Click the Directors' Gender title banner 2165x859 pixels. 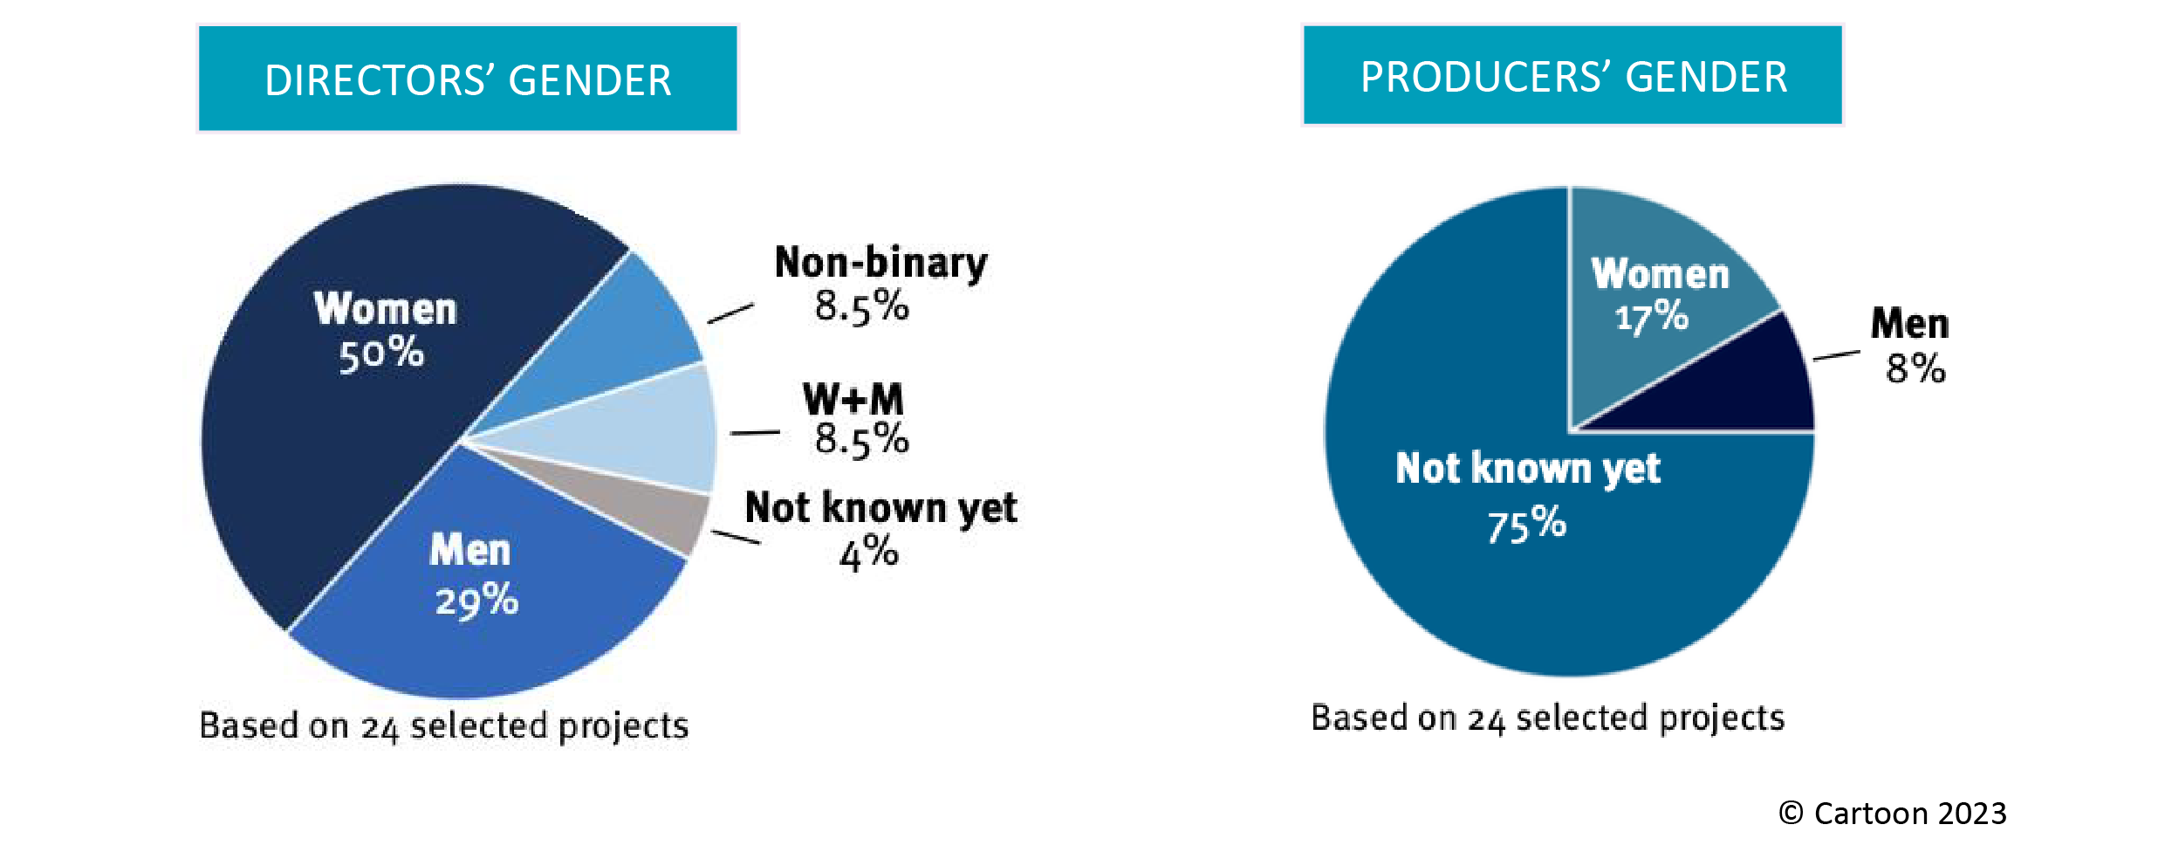click(x=468, y=79)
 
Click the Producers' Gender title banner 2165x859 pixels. click(x=1572, y=75)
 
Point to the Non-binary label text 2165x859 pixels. click(x=880, y=263)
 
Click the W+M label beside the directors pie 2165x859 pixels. click(x=853, y=399)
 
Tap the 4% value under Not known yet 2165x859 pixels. click(x=869, y=553)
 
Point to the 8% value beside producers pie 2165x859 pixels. click(x=1915, y=368)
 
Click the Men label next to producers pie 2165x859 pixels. click(x=1909, y=323)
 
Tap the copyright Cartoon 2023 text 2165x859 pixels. click(x=1893, y=813)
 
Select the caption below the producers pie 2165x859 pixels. click(x=1548, y=718)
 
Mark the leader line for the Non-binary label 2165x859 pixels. click(x=730, y=314)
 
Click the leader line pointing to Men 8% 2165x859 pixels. click(x=1837, y=355)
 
